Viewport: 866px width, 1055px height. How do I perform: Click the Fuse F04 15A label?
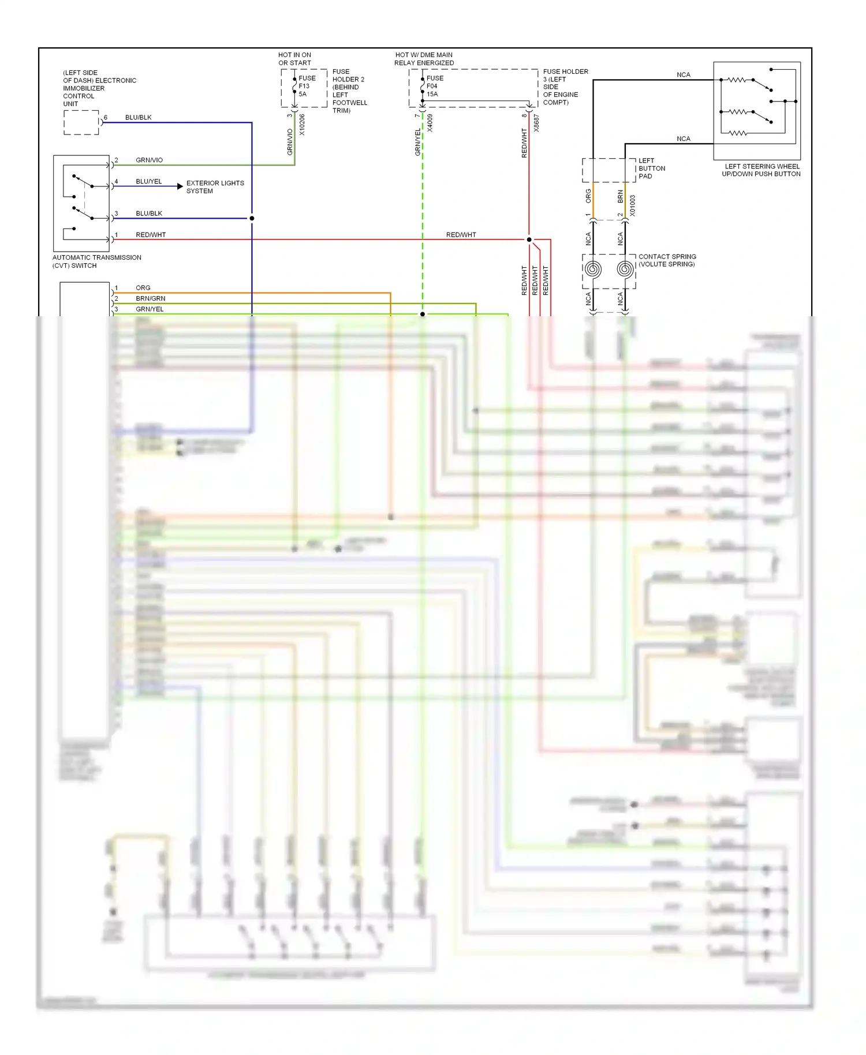(x=435, y=86)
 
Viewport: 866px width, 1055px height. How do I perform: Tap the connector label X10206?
(x=302, y=125)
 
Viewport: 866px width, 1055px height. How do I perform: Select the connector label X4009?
(x=430, y=124)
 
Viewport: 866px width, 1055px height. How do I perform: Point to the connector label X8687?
(x=536, y=124)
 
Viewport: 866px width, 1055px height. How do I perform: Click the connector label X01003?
(x=633, y=205)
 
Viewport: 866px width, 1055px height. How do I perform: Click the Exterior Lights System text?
(x=215, y=187)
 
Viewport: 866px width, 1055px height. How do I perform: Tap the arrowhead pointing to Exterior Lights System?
(x=180, y=186)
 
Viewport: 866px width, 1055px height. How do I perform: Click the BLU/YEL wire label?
(x=148, y=181)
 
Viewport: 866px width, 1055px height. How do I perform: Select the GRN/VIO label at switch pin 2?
(x=149, y=160)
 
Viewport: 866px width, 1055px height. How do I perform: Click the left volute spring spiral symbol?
(x=593, y=269)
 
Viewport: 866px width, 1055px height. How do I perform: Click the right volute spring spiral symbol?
(x=625, y=269)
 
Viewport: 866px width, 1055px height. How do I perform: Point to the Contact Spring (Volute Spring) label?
(x=667, y=260)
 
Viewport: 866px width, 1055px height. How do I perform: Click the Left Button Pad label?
(x=651, y=169)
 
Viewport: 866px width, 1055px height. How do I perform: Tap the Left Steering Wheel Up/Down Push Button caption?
(x=761, y=170)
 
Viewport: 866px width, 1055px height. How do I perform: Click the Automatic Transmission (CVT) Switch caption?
(x=96, y=261)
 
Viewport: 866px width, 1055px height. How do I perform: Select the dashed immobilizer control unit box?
(x=81, y=122)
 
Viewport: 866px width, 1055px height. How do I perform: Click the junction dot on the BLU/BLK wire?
(x=252, y=218)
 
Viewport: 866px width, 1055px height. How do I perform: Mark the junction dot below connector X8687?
(x=529, y=240)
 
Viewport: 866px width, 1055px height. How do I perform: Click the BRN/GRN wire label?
(x=150, y=298)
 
